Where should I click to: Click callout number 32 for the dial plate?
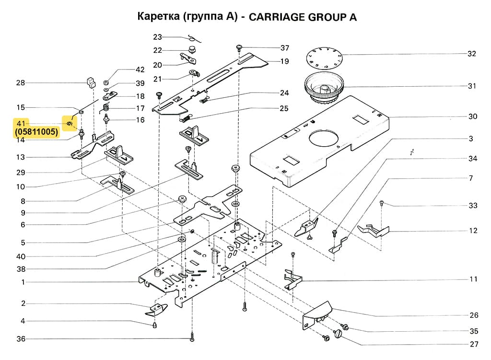pos(472,54)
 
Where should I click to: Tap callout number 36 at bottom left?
pos(21,339)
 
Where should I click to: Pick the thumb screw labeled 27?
pos(341,333)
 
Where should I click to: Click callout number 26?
pos(474,315)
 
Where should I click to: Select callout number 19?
pos(284,61)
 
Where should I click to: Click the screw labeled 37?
pos(239,47)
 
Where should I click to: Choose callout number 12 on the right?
pos(473,231)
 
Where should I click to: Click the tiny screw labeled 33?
pos(381,203)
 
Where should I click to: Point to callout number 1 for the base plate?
pos(23,282)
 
